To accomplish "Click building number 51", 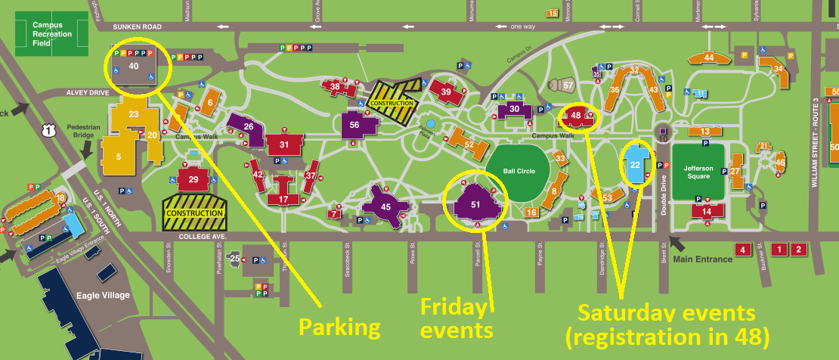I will click(475, 205).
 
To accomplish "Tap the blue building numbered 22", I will click(636, 164).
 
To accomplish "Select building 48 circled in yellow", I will click(576, 116).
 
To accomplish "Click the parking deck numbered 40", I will click(134, 67).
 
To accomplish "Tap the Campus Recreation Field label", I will click(52, 34).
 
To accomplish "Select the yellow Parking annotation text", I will click(339, 327).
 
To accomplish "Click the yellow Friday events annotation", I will click(456, 318).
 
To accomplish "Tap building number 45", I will click(385, 206).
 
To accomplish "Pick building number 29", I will click(193, 179).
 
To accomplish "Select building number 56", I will click(354, 125).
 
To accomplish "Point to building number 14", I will click(707, 212).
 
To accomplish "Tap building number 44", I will click(708, 57).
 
